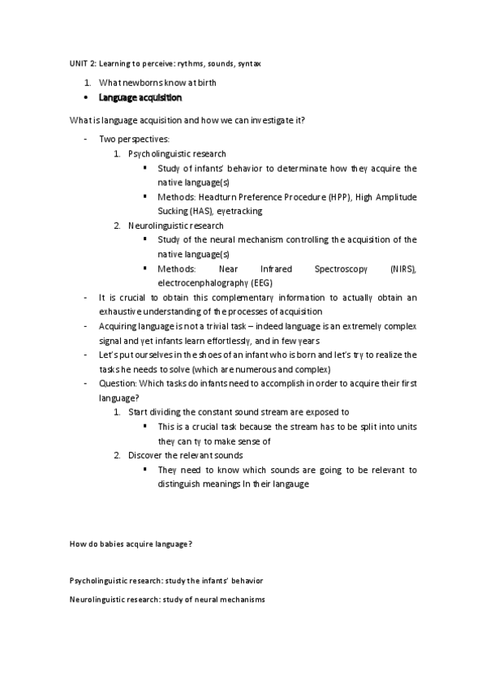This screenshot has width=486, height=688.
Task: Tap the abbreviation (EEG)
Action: click(x=261, y=282)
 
